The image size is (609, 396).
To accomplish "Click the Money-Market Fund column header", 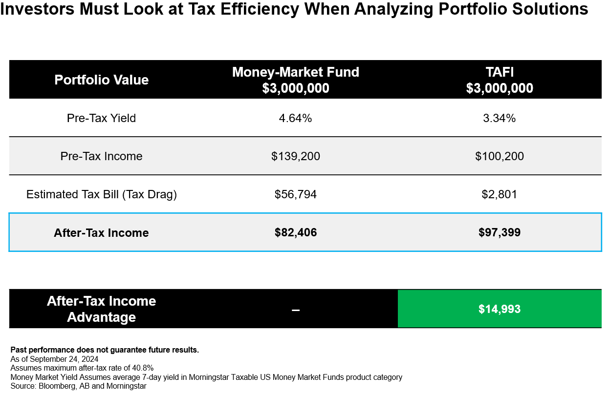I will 295,80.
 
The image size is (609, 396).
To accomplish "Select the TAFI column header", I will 500,80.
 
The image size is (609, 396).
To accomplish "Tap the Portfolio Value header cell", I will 101,80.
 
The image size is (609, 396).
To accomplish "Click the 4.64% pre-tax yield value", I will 295,118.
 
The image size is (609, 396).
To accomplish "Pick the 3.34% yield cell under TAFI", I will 500,118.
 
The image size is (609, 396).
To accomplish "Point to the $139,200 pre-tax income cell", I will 295,156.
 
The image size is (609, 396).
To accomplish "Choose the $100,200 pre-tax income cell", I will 500,156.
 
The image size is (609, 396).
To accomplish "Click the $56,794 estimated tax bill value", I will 295,194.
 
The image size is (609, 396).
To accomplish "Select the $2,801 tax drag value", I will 500,194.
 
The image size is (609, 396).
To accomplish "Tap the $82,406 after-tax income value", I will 295,233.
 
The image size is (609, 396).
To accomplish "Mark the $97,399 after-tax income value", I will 500,233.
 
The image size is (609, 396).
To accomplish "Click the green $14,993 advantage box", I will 500,309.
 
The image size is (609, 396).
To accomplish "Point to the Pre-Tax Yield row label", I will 101,118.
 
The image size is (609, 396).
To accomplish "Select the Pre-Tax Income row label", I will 101,156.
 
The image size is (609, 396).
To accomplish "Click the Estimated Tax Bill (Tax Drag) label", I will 101,194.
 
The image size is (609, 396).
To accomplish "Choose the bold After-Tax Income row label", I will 101,233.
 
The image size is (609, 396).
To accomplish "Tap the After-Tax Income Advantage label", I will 101,309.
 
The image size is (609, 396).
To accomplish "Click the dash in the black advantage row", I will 295,310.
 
